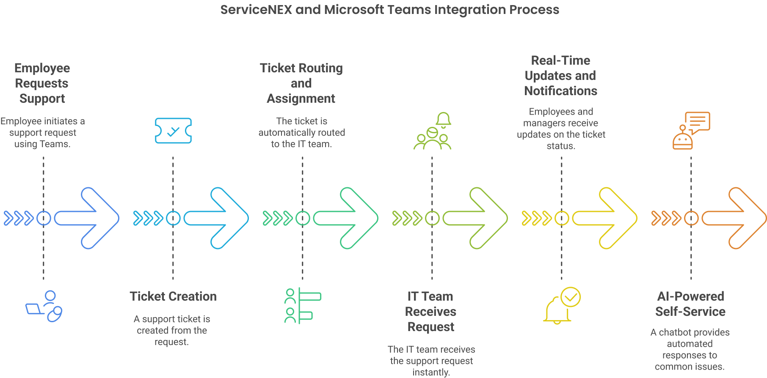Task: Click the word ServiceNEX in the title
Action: point(256,10)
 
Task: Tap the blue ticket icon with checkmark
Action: point(173,131)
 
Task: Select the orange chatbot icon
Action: point(691,131)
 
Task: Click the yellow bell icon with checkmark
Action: point(562,306)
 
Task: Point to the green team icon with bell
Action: point(432,131)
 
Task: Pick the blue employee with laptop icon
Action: point(44,306)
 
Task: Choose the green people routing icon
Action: point(302,306)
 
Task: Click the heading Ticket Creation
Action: point(173,296)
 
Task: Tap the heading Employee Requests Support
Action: point(42,83)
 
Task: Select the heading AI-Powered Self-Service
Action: point(690,304)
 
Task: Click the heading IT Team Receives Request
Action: point(430,312)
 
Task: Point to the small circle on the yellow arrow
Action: point(562,218)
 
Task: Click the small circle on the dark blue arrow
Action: point(44,218)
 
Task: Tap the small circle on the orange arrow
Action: point(691,218)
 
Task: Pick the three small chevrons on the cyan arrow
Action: point(148,218)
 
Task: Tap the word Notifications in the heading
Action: point(560,91)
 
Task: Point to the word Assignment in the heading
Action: point(301,99)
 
